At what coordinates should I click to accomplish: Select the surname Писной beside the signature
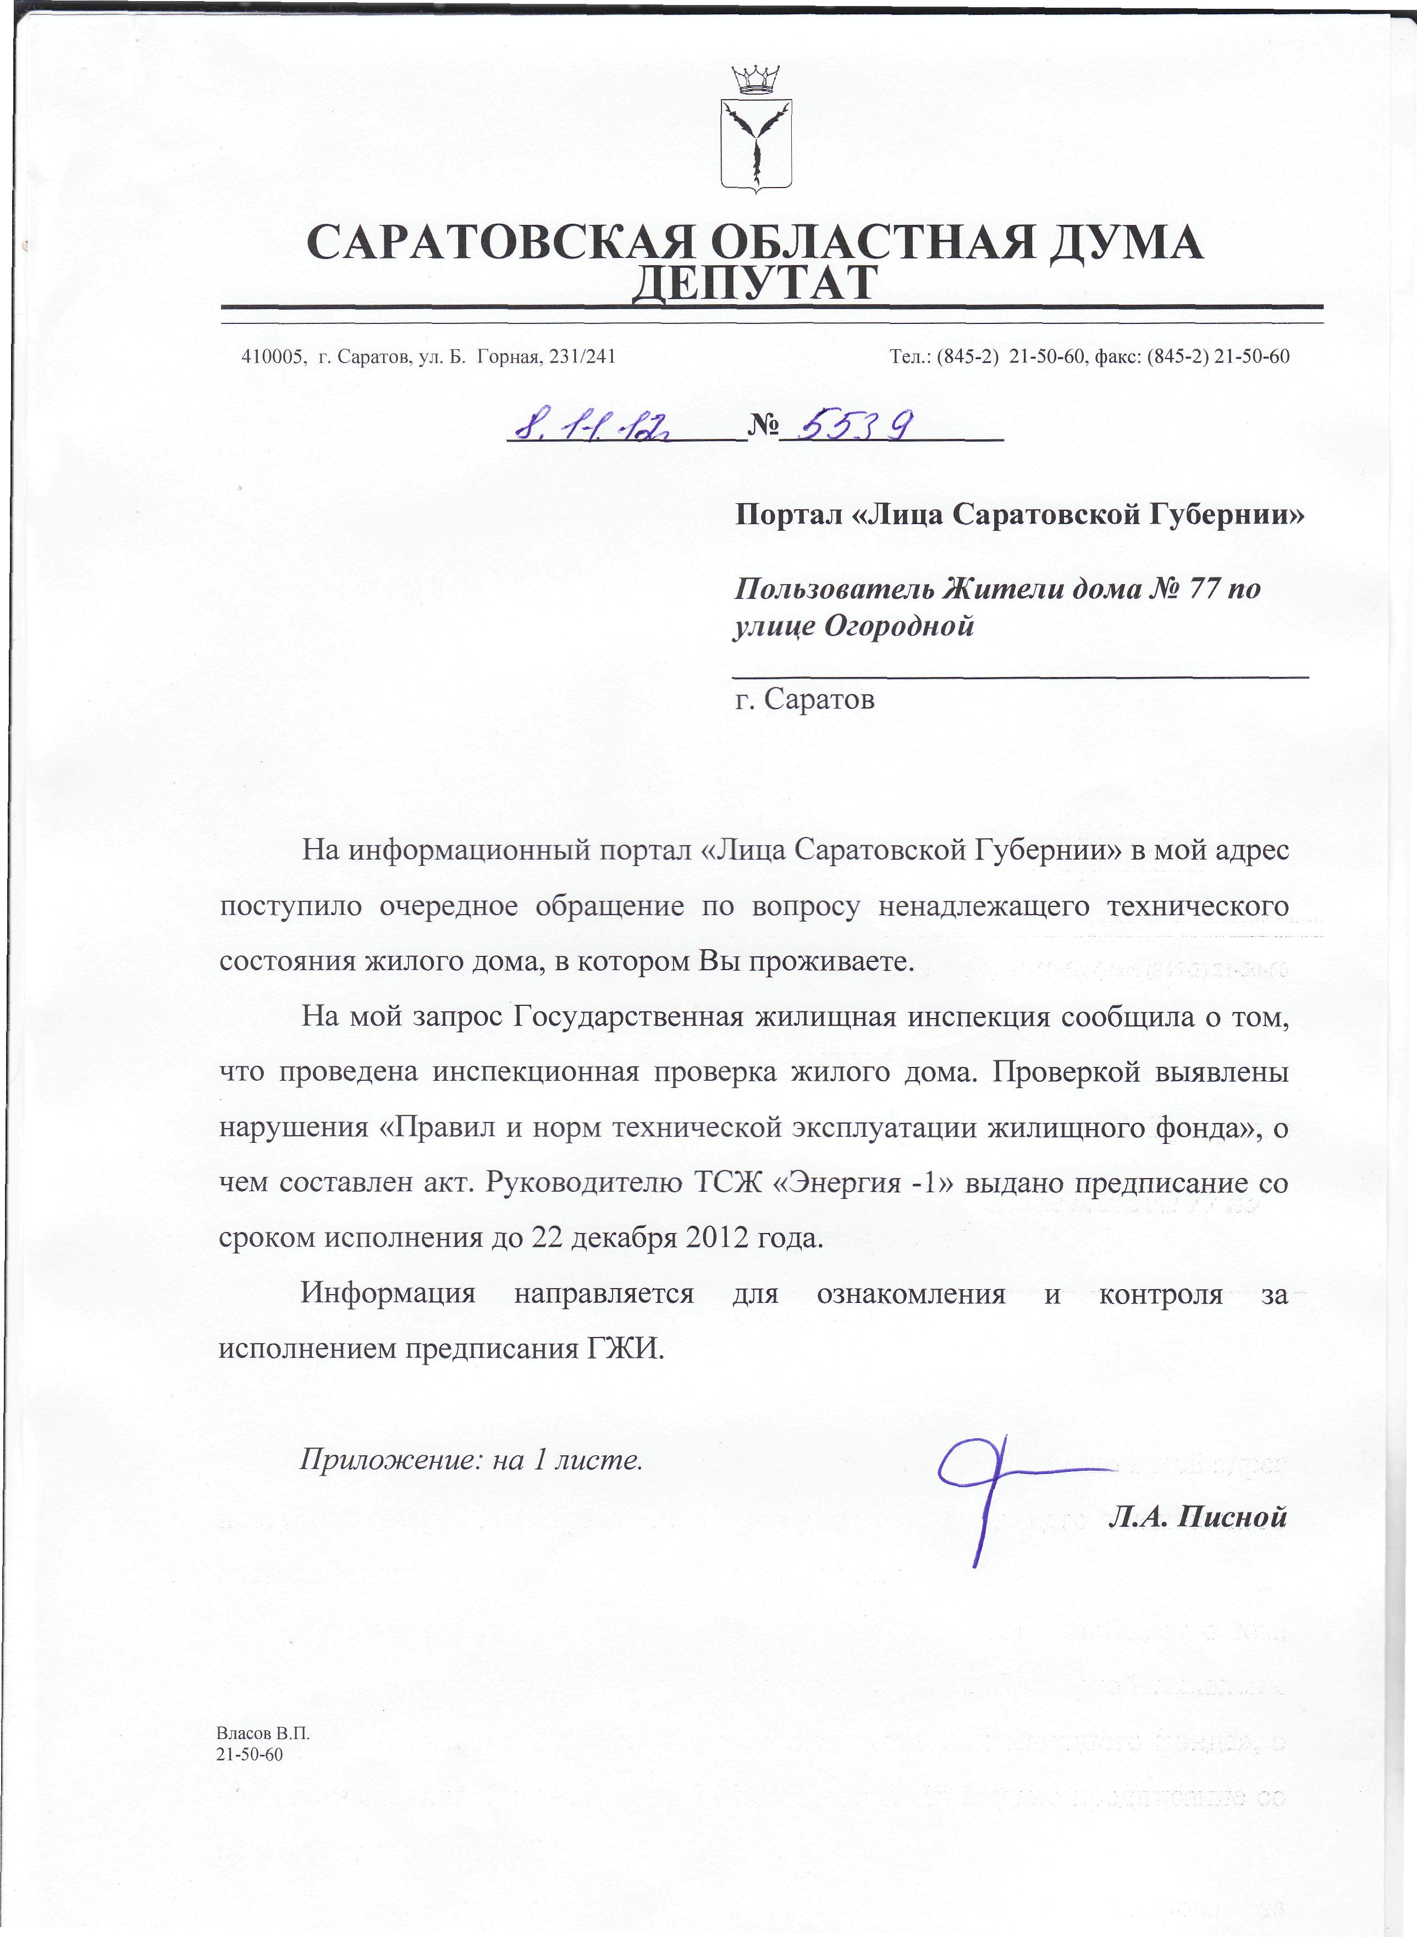[1233, 1517]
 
